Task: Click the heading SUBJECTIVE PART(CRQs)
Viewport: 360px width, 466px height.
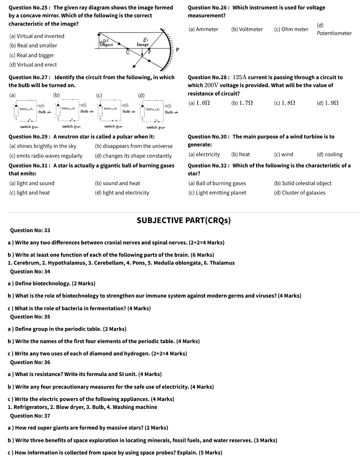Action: [184, 220]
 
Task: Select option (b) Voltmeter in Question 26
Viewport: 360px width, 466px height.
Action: [247, 29]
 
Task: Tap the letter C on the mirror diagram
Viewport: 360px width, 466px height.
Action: [128, 52]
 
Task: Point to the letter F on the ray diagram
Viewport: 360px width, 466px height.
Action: [150, 52]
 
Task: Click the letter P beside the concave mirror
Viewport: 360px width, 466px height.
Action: [177, 50]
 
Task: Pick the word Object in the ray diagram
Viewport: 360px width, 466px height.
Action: [106, 45]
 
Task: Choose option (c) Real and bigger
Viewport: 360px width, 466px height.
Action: [32, 55]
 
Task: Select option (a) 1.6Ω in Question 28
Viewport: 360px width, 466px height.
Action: [199, 103]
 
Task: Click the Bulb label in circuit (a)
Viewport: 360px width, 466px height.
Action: [42, 112]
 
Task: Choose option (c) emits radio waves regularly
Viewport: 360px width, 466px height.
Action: [46, 156]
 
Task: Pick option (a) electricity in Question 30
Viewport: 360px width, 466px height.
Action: [204, 154]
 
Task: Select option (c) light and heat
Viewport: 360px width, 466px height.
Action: [29, 193]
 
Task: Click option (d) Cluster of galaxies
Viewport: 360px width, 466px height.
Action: [300, 193]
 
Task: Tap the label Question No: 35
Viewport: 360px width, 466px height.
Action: [30, 317]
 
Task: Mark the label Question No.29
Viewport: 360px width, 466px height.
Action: [29, 137]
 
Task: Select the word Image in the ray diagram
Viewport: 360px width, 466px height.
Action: [143, 44]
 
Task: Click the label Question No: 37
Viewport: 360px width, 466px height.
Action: [30, 416]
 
